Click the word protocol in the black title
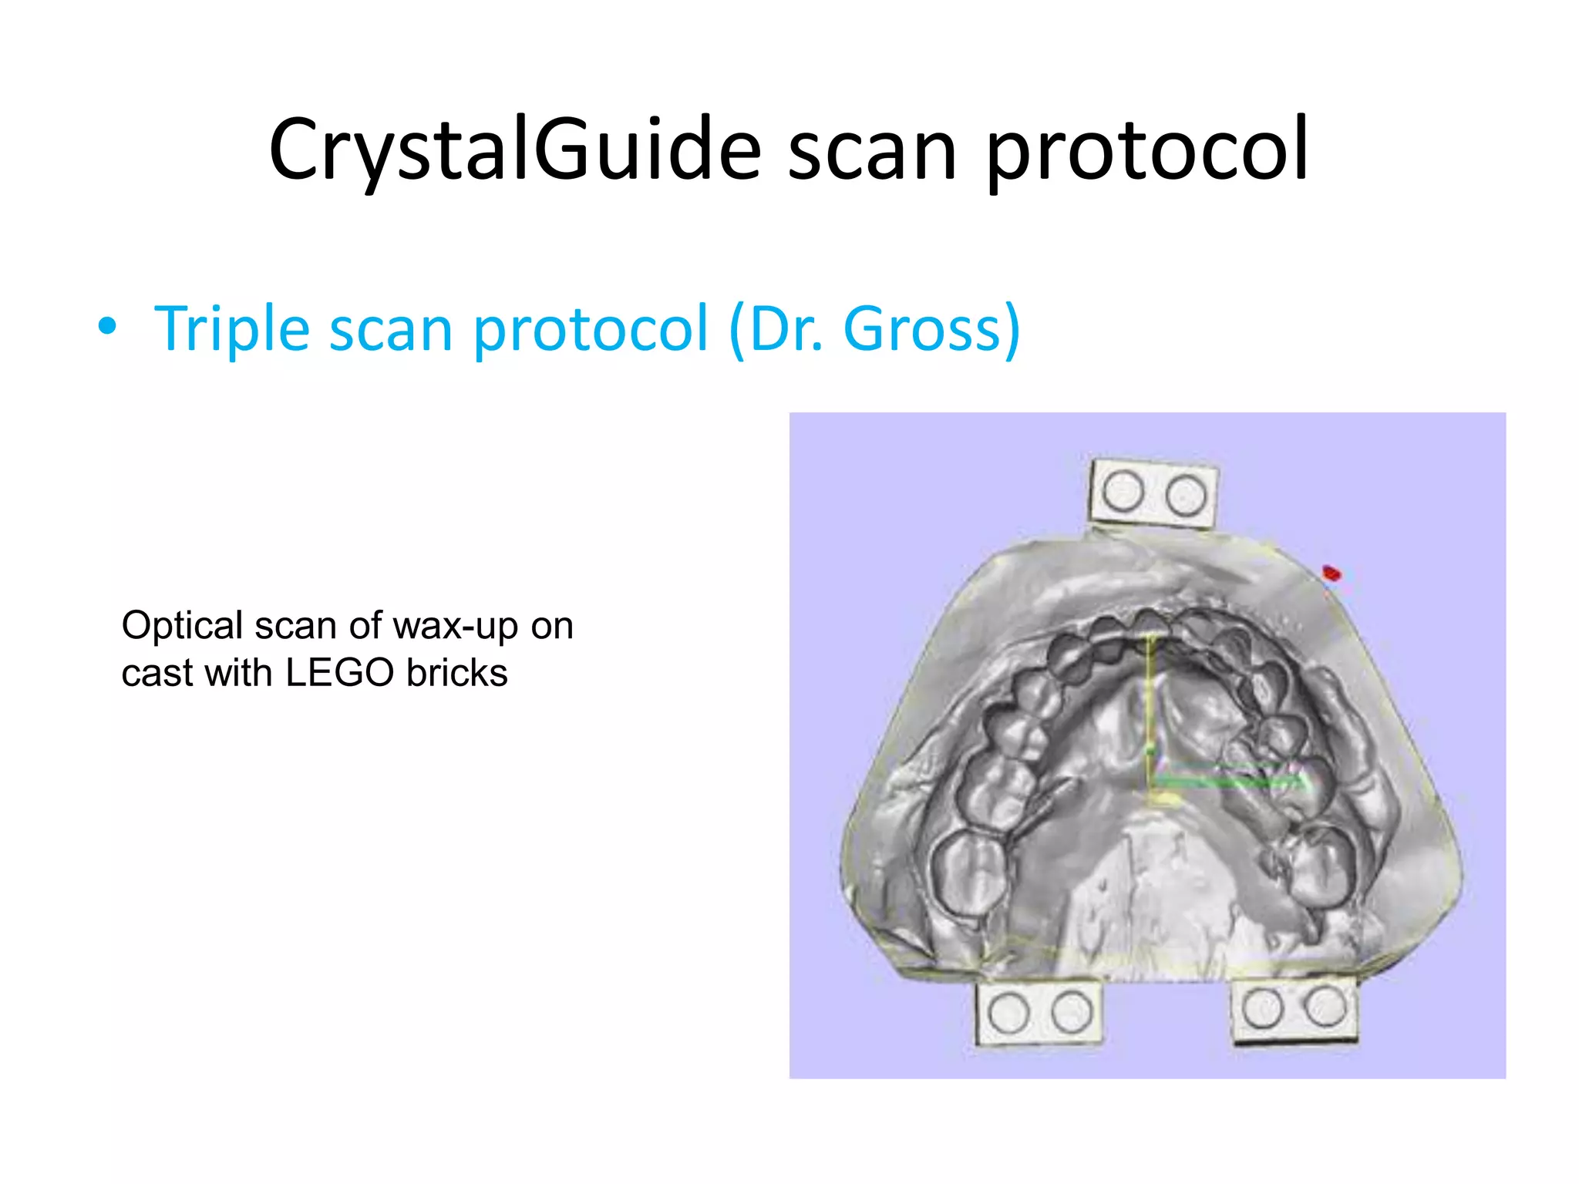1146,150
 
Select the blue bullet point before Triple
107,328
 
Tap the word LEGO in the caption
339,673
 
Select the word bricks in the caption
457,673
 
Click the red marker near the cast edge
1332,573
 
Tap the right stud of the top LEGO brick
1186,495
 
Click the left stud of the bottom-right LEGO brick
1263,1007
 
